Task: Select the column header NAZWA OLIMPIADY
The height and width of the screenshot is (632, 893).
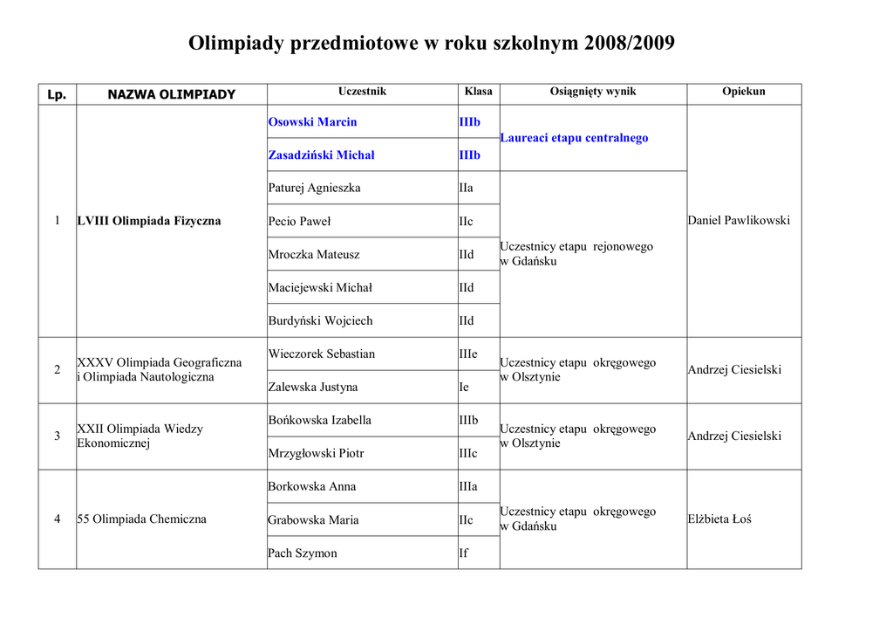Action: coord(171,94)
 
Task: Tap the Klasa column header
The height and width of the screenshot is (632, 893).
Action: coord(478,92)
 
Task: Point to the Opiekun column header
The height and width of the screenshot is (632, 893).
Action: coord(743,92)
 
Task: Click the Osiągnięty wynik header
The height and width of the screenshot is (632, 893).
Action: coord(593,92)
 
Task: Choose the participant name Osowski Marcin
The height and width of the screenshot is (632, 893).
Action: coord(312,122)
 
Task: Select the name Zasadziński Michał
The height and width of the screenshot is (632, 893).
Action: coord(321,155)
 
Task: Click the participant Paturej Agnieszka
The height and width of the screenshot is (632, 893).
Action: coord(314,189)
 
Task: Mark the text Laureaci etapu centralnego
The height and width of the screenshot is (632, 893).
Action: coord(574,138)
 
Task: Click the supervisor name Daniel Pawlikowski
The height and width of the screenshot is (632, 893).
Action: coord(739,221)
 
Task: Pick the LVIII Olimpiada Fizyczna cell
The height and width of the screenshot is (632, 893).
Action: coord(149,222)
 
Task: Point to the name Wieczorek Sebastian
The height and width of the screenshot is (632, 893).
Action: coord(321,354)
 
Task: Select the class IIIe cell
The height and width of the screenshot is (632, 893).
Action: coord(468,354)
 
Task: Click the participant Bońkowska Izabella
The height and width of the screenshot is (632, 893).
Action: coord(319,421)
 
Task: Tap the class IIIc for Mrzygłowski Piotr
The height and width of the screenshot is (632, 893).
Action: coord(468,454)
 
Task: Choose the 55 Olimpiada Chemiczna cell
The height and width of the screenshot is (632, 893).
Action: coord(142,519)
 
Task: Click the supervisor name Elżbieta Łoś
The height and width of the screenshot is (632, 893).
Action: coord(719,519)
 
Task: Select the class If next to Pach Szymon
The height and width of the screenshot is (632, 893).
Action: coord(463,553)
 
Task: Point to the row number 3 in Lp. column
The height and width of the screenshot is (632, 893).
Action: coord(58,436)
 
